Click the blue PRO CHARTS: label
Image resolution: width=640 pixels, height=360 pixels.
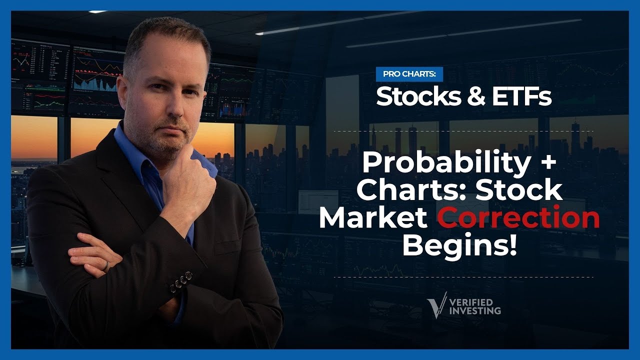tap(409, 74)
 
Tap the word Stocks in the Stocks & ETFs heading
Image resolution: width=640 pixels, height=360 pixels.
tap(418, 96)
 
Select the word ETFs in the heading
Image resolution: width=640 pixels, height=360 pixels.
tap(521, 96)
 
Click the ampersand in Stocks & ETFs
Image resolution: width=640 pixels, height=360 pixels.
tap(476, 96)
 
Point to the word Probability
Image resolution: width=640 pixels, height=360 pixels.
tap(446, 162)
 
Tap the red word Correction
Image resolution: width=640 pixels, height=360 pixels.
tap(518, 217)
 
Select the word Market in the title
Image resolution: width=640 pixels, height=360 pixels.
tap(373, 217)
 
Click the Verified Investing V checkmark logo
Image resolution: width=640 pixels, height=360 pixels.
tap(437, 305)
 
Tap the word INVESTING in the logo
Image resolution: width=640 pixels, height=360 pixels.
tap(475, 310)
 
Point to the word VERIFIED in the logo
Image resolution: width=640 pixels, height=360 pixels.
tap(471, 302)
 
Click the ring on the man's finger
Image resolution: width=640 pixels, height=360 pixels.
tap(106, 266)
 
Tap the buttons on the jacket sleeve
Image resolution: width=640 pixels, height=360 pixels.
tap(181, 282)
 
